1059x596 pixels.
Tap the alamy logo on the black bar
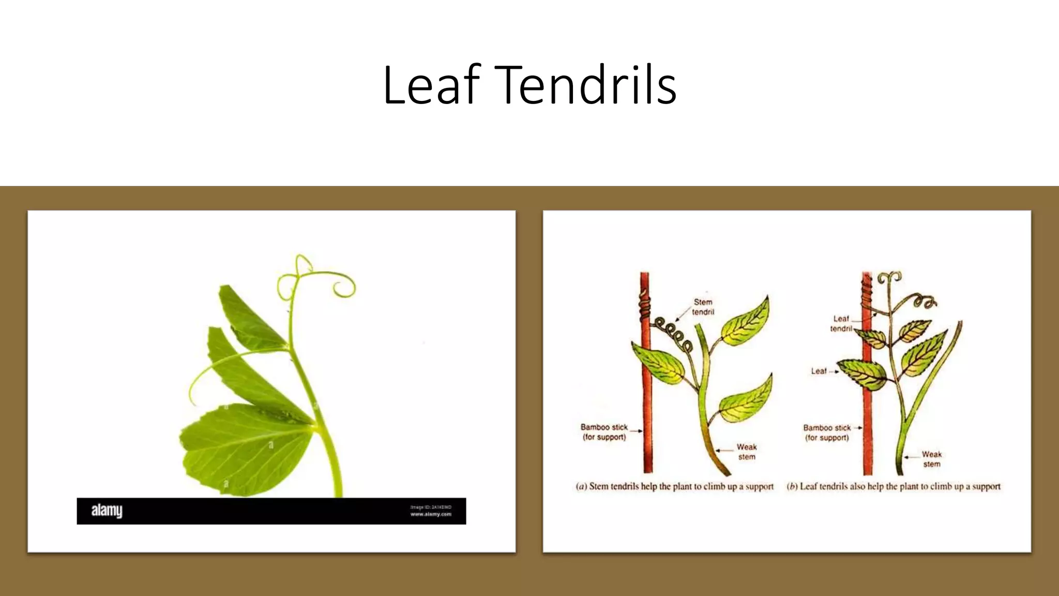pos(107,511)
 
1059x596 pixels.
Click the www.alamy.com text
pos(431,514)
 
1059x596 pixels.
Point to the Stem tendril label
pos(703,307)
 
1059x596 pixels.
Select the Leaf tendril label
pos(841,323)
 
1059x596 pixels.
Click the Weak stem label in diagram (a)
pos(746,452)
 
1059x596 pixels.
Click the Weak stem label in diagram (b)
pos(931,459)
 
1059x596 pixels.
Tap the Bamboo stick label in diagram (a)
pos(604,432)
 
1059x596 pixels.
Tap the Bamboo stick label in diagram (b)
pos(826,433)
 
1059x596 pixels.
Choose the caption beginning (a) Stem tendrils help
pos(674,486)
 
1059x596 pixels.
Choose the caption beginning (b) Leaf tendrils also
pos(893,486)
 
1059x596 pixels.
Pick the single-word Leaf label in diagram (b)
pos(819,371)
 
